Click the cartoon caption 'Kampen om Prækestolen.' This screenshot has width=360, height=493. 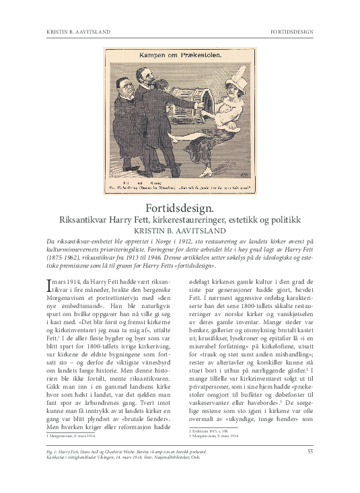(x=180, y=57)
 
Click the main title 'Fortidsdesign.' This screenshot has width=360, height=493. (x=180, y=208)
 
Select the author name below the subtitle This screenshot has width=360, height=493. (x=180, y=230)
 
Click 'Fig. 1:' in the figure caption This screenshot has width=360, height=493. (x=53, y=469)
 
